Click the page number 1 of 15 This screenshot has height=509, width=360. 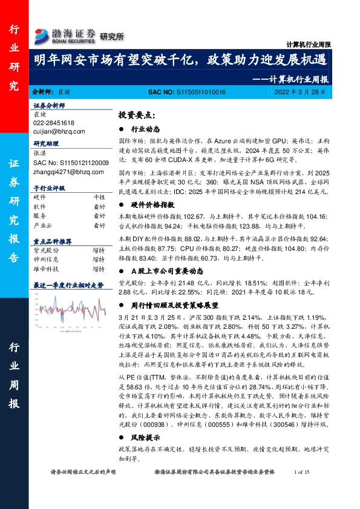pyautogui.click(x=301, y=488)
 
